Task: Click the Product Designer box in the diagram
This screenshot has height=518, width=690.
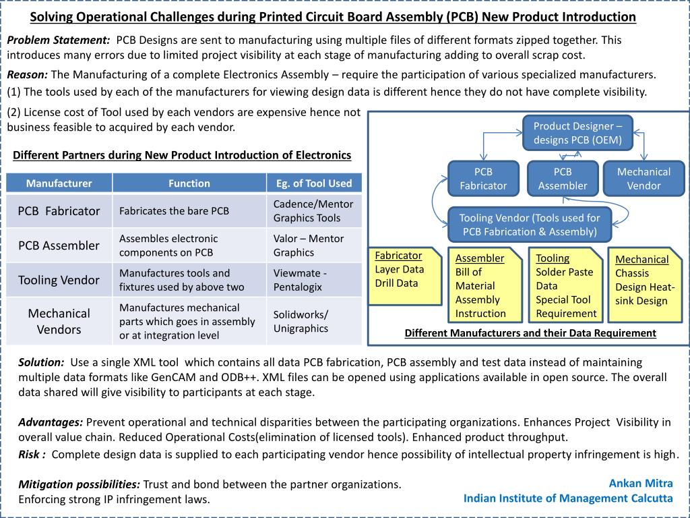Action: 577,133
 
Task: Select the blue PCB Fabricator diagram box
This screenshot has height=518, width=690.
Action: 482,179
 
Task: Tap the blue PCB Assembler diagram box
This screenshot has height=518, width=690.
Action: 563,179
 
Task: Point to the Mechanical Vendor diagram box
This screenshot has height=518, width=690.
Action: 644,179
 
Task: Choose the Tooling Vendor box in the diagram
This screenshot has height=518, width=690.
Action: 530,225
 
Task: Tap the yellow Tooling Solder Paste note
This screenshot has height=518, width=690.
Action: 567,285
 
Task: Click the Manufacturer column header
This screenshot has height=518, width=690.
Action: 59,183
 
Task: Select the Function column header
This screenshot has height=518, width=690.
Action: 189,183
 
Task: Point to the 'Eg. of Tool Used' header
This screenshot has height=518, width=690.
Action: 314,183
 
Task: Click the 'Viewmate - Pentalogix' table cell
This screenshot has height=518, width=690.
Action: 314,280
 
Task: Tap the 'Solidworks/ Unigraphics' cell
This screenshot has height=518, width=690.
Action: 314,322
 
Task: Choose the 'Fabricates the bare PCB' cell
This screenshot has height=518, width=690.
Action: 175,211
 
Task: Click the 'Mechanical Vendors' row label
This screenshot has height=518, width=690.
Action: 59,322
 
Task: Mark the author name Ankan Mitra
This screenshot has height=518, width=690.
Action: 640,483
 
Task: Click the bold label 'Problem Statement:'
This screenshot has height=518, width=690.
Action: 59,40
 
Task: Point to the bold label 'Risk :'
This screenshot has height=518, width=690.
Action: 32,454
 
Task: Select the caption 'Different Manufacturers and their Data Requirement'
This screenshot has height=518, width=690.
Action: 530,333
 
